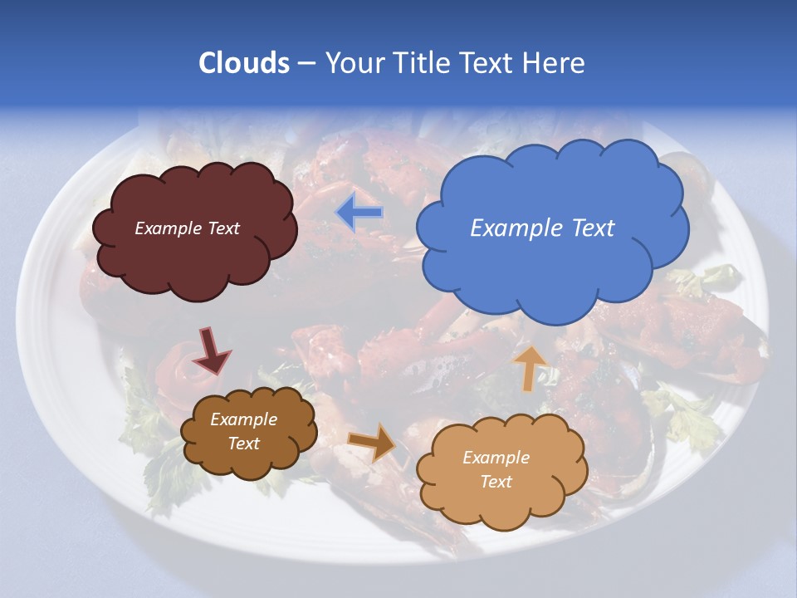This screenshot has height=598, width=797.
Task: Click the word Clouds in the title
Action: (244, 63)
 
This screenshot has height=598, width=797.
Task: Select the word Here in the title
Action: (555, 63)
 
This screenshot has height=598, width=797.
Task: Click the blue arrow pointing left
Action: (359, 213)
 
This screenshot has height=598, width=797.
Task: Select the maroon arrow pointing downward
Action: (213, 350)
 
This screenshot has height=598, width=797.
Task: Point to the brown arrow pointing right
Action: (373, 442)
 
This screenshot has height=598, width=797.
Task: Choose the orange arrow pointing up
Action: (529, 368)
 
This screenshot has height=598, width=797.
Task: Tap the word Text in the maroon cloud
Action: (222, 228)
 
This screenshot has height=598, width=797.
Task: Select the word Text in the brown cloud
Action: (243, 444)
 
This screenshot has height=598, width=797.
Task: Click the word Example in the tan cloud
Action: (496, 458)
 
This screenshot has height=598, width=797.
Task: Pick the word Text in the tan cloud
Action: (496, 482)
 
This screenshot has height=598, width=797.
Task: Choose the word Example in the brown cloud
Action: (243, 419)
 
